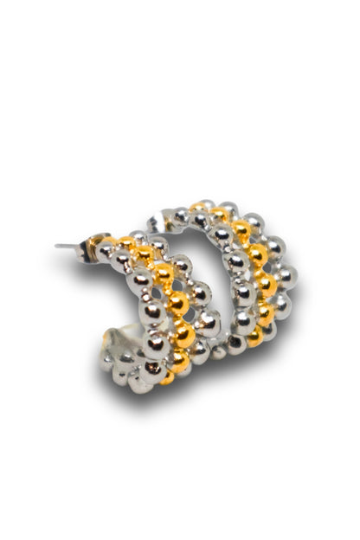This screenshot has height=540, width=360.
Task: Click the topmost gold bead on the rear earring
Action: [198, 208]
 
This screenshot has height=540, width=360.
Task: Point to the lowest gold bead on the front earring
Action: [167, 377]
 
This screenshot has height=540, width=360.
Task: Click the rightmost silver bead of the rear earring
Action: [288, 275]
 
